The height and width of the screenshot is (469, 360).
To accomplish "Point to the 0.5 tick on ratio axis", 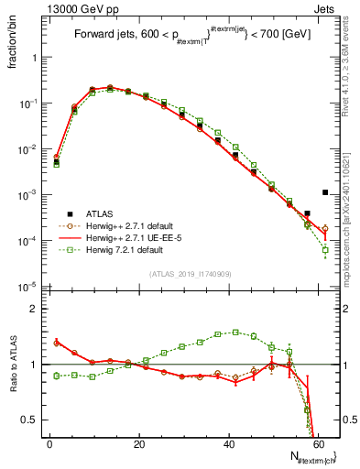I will tap(33, 420).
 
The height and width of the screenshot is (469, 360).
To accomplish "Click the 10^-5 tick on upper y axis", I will tap(29, 287).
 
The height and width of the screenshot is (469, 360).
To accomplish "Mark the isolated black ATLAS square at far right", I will tap(325, 192).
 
